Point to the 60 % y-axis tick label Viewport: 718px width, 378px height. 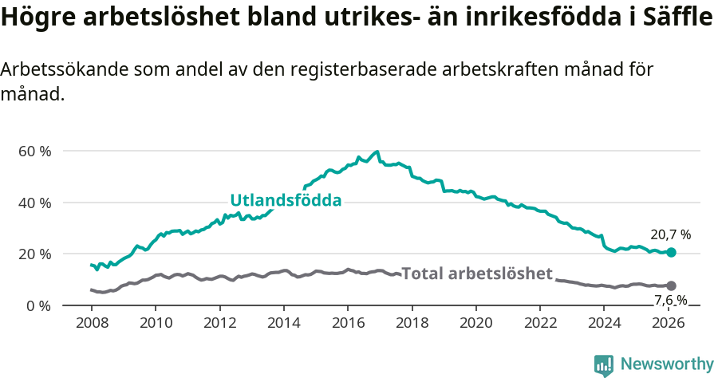click(x=35, y=151)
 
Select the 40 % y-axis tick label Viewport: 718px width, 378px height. click(x=35, y=203)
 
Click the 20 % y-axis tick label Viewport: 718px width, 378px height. click(x=35, y=254)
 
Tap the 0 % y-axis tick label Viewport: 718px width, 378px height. click(x=38, y=305)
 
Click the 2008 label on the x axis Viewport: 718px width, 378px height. click(x=91, y=323)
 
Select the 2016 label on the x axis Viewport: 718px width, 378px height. click(x=348, y=323)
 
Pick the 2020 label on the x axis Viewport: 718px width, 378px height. click(x=476, y=323)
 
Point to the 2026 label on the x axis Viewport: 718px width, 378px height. click(x=669, y=323)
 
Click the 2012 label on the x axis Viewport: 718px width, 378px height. click(x=219, y=323)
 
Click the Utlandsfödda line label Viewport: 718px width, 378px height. click(x=286, y=200)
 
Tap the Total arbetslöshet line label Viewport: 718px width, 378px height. click(x=476, y=274)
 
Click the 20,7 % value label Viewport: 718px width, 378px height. click(x=670, y=234)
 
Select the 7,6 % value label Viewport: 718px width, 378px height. click(x=670, y=300)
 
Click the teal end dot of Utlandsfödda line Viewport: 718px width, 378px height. click(x=671, y=252)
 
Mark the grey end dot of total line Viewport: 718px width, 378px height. click(x=671, y=285)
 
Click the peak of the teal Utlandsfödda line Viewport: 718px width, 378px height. click(x=377, y=152)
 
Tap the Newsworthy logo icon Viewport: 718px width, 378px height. click(x=604, y=365)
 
